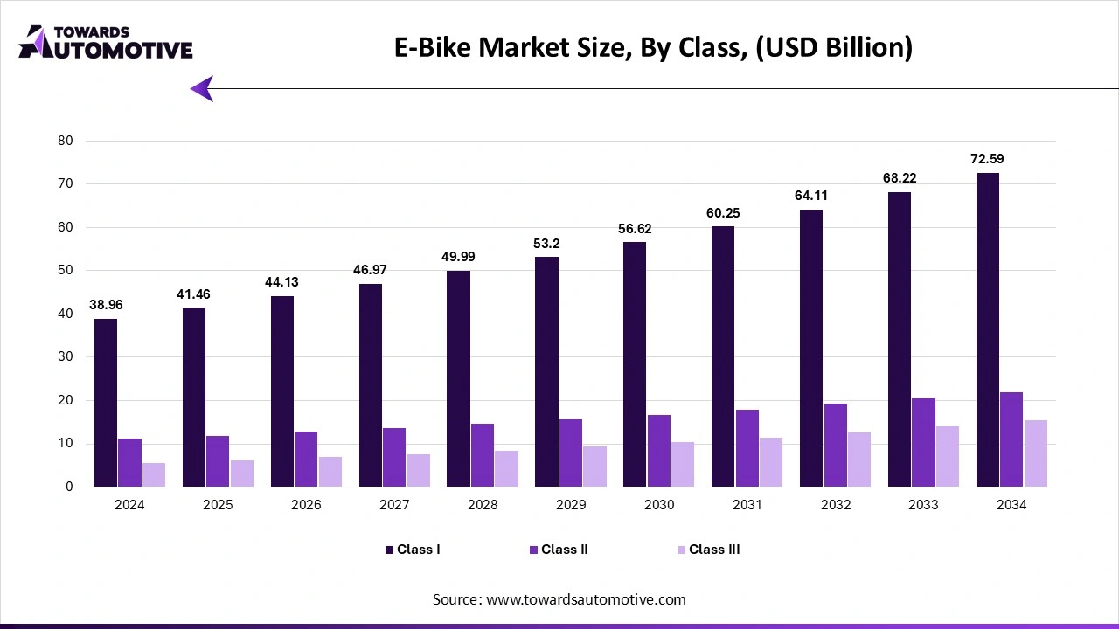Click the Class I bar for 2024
106,403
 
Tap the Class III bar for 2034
1035,453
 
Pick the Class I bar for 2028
458,378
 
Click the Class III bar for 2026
330,472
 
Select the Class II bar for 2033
923,442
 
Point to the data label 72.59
988,159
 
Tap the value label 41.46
193,294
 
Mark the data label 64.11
810,196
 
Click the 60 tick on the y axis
66,227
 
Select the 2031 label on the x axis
747,505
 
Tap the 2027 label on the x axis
394,505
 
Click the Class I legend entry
413,550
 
